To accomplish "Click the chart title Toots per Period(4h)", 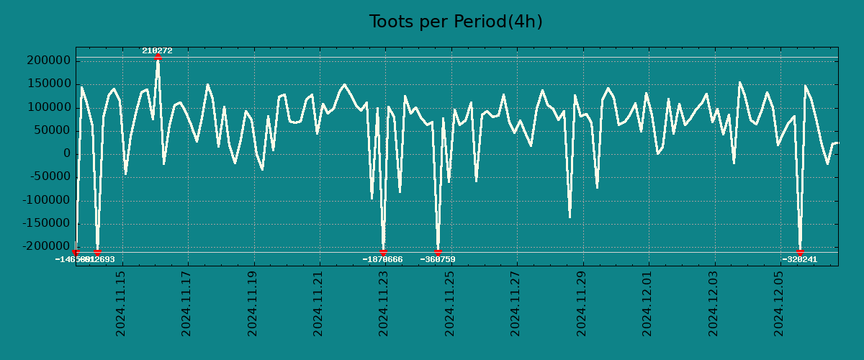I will point(456,22).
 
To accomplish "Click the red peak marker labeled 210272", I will point(158,56).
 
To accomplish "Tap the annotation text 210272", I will point(157,50).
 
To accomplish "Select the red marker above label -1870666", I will point(383,252).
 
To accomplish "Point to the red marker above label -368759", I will point(438,252).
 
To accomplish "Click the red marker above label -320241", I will point(800,252).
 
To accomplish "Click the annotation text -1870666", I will point(382,259).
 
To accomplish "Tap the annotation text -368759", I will point(438,259).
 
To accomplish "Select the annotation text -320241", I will point(800,259).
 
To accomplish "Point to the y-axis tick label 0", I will point(66,153).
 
